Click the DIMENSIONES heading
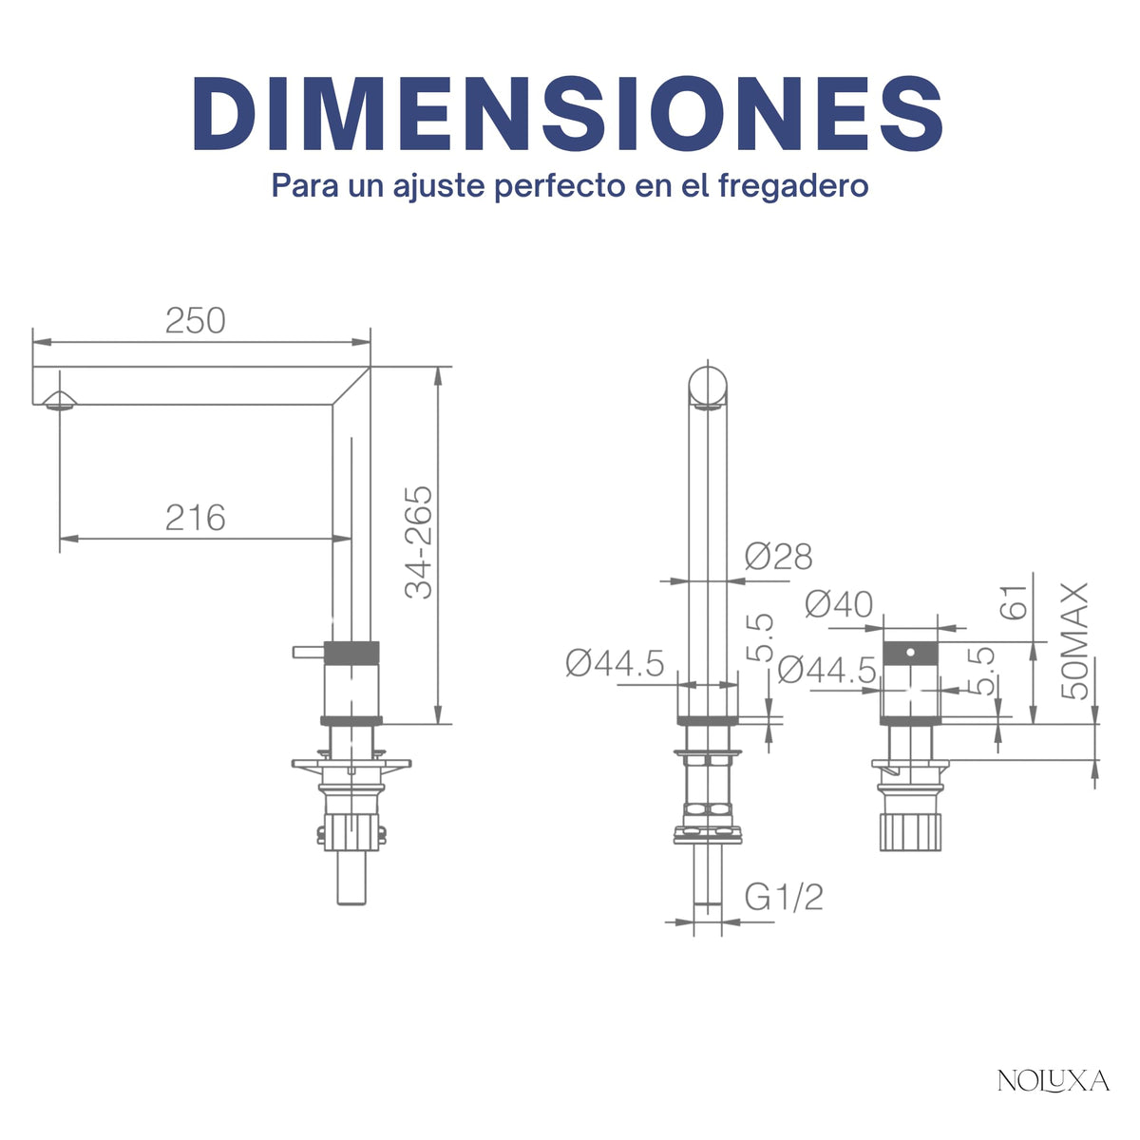[568, 114]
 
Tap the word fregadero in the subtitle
[793, 186]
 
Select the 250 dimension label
[196, 321]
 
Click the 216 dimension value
[196, 518]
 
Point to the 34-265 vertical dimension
[419, 543]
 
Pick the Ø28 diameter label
[779, 557]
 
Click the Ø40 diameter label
[839, 604]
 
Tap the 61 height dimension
[1014, 602]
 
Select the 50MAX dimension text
[1074, 641]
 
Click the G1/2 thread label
[784, 898]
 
